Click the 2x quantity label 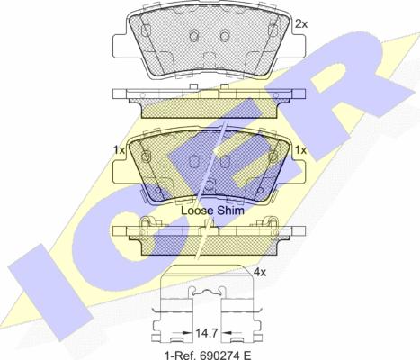(301, 23)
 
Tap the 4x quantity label (260, 272)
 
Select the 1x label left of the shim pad (119, 150)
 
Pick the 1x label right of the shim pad (300, 150)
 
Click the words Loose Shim (212, 211)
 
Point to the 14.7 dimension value (206, 333)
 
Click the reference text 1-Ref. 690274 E (208, 355)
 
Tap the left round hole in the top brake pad (194, 35)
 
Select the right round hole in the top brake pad (225, 35)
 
